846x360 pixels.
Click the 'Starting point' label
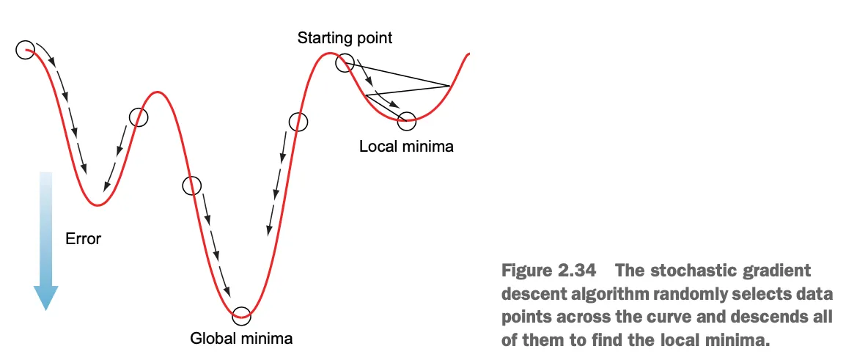pyautogui.click(x=345, y=38)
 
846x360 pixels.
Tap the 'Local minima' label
pyautogui.click(x=406, y=147)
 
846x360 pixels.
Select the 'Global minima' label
pyautogui.click(x=241, y=339)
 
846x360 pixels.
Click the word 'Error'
pyautogui.click(x=83, y=238)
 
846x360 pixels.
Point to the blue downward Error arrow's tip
pyautogui.click(x=45, y=308)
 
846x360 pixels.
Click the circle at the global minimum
pyautogui.click(x=241, y=315)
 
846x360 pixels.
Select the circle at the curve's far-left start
pyautogui.click(x=24, y=50)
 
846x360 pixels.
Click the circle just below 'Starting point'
pyautogui.click(x=345, y=63)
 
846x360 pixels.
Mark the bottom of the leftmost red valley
pyautogui.click(x=97, y=205)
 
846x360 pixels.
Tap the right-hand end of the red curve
pyautogui.click(x=468, y=54)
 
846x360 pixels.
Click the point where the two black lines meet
pyautogui.click(x=449, y=86)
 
